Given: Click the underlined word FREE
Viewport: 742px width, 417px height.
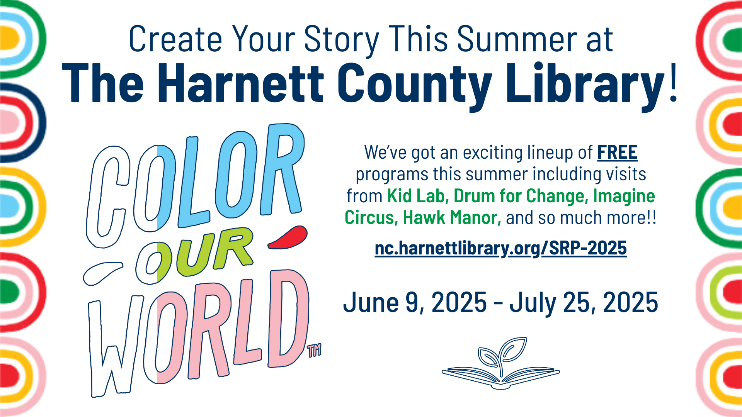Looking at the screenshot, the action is coord(617,153).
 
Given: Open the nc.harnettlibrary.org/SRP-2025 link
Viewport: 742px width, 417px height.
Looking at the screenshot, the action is coord(501,248).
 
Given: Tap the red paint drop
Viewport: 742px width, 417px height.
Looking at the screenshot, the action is coord(288,237).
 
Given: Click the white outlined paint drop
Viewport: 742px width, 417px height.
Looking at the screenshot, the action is coord(103,273).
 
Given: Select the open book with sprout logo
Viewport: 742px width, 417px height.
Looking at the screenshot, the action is coord(501,363).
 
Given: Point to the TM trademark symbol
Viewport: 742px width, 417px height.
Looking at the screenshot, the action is coord(314,350).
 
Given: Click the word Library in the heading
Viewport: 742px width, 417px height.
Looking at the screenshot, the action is coord(585,84).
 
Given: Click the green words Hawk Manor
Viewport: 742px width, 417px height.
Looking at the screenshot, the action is coord(452,218).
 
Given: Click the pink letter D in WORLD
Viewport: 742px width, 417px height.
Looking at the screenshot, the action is coord(288,319).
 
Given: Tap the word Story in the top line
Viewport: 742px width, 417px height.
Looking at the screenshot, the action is coord(342,40).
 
